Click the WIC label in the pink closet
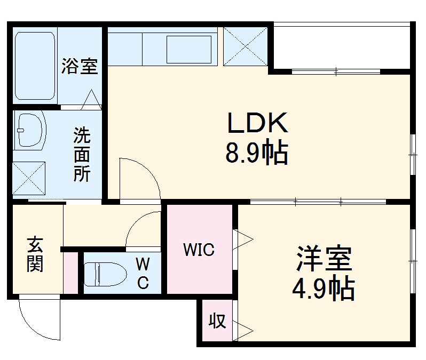(x=199, y=249)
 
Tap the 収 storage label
(x=217, y=322)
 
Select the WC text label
(x=143, y=273)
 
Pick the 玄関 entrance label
(x=35, y=254)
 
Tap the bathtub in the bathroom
(x=35, y=66)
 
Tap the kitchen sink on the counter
(x=191, y=50)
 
